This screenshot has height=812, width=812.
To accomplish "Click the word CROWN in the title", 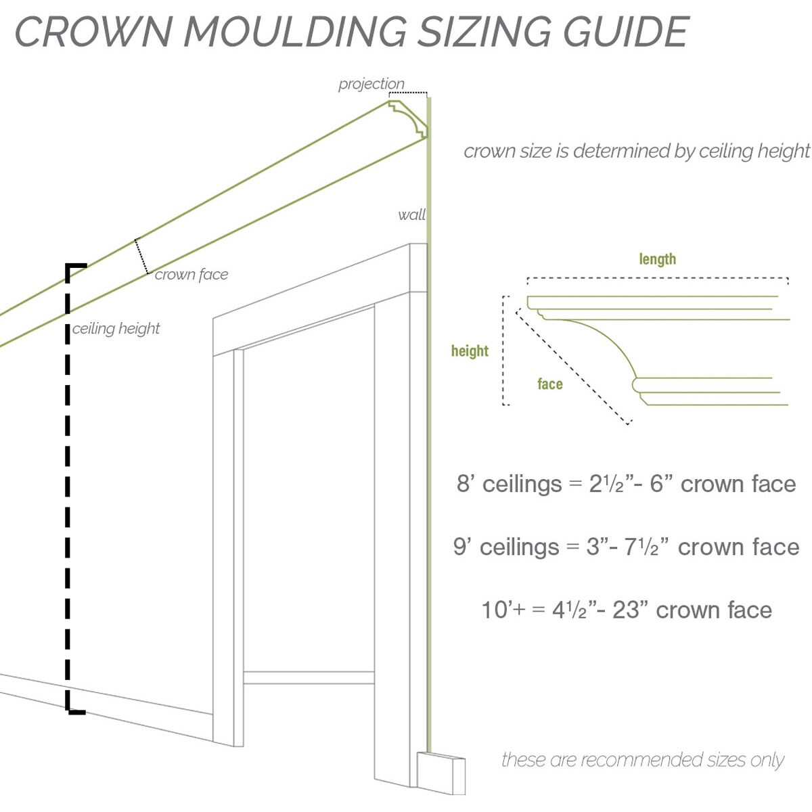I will pyautogui.click(x=91, y=31).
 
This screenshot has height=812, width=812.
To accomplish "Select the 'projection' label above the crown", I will pyautogui.click(x=371, y=84).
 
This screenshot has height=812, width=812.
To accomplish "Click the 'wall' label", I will pyautogui.click(x=411, y=215).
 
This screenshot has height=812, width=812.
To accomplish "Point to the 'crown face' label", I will pyautogui.click(x=191, y=275).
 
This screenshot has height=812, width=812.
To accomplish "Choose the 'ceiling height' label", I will pyautogui.click(x=116, y=329).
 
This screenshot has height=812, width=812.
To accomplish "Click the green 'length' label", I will pyautogui.click(x=657, y=259).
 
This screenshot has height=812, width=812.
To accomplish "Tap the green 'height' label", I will pyautogui.click(x=470, y=351).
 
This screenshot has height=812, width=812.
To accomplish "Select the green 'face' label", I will pyautogui.click(x=549, y=384).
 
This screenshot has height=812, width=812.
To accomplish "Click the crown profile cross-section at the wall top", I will pyautogui.click(x=409, y=118).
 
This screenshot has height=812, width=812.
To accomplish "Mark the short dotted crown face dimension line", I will pyautogui.click(x=142, y=256).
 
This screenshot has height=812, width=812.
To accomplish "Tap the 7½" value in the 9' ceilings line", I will pyautogui.click(x=641, y=547).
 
